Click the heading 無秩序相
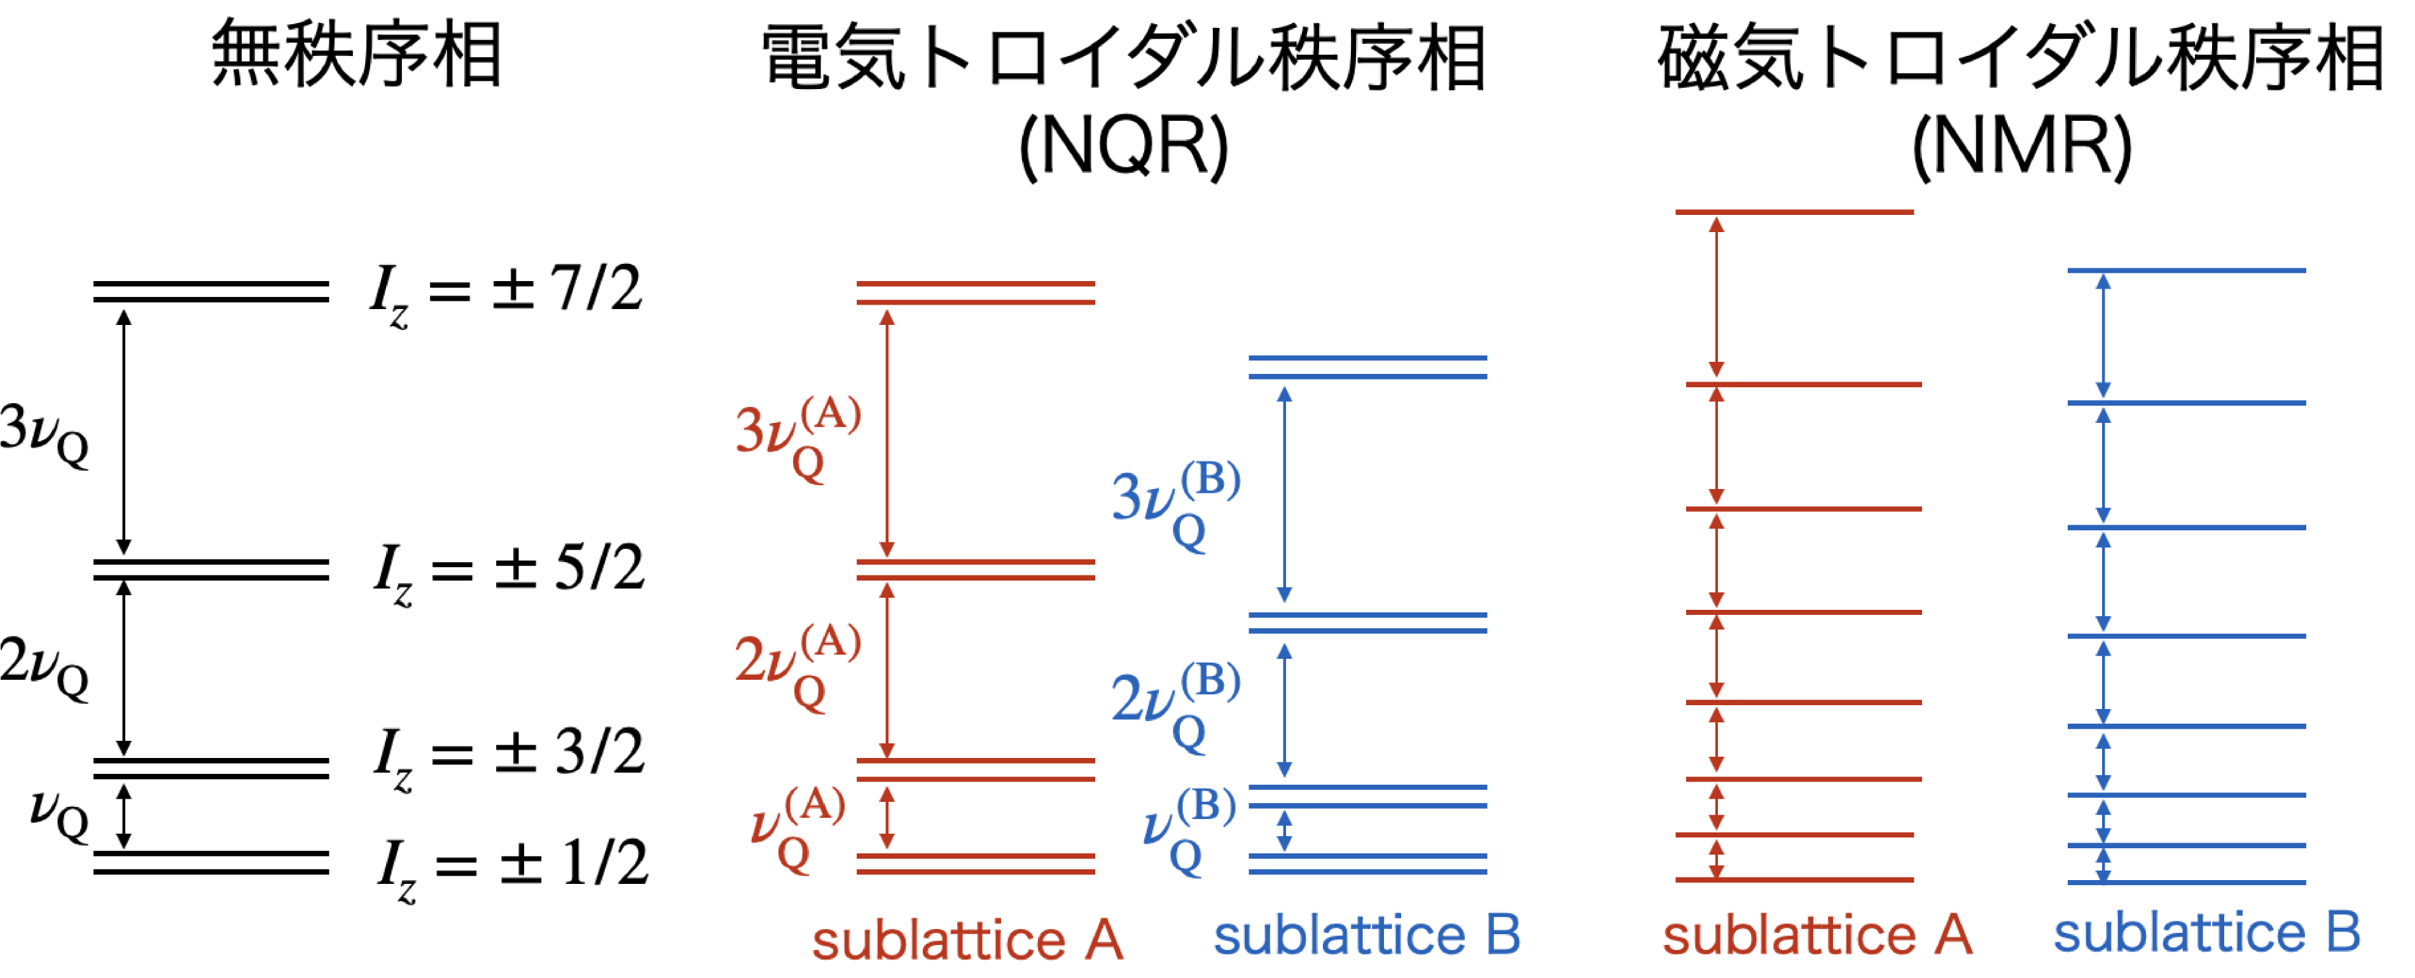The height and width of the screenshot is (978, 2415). tap(356, 55)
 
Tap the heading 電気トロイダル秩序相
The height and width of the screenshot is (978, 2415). tap(1123, 58)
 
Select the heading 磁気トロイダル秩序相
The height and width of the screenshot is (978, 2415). tap(2020, 58)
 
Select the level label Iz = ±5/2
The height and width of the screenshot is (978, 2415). tap(509, 572)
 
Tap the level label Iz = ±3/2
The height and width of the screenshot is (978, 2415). tap(509, 757)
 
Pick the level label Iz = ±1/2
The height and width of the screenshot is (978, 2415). tap(512, 868)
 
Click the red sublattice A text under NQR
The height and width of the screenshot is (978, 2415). tap(967, 940)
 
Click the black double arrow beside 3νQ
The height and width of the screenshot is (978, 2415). tap(124, 432)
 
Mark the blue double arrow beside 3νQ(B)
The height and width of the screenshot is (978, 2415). tap(1284, 494)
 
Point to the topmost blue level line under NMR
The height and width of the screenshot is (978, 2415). tap(2186, 271)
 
